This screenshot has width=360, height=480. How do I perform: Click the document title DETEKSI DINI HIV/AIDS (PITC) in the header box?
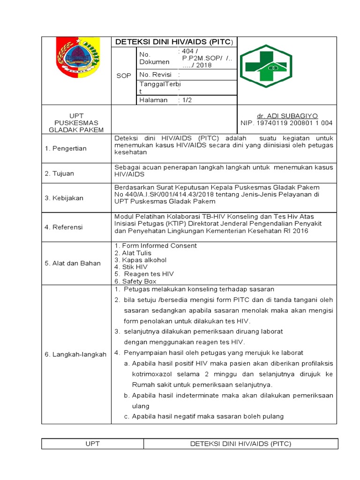[x=173, y=42]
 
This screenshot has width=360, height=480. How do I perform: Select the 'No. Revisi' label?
[x=155, y=75]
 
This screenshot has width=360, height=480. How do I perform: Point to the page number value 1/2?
[x=187, y=100]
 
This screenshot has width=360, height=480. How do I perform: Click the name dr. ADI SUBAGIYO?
[x=286, y=116]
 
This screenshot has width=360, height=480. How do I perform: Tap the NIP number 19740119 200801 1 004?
[x=286, y=123]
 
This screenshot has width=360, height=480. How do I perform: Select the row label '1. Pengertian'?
[x=66, y=148]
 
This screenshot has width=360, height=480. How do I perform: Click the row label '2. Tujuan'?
[x=60, y=173]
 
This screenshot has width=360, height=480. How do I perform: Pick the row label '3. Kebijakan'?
[x=64, y=198]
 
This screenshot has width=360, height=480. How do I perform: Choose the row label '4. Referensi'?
[x=64, y=227]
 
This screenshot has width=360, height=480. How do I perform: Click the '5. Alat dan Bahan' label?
[x=73, y=263]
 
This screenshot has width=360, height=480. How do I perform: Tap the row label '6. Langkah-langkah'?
[x=75, y=354]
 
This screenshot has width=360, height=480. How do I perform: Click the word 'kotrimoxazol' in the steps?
[x=152, y=374]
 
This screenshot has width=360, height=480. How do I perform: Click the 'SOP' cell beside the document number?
[x=124, y=76]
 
